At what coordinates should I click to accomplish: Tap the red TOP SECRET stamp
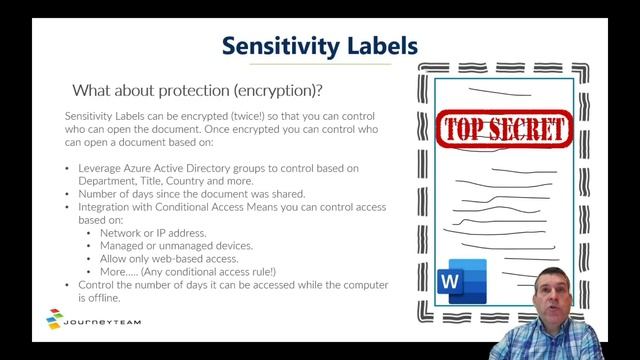(x=505, y=128)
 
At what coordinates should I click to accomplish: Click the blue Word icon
(x=462, y=281)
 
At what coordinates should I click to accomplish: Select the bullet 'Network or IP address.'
(x=151, y=233)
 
